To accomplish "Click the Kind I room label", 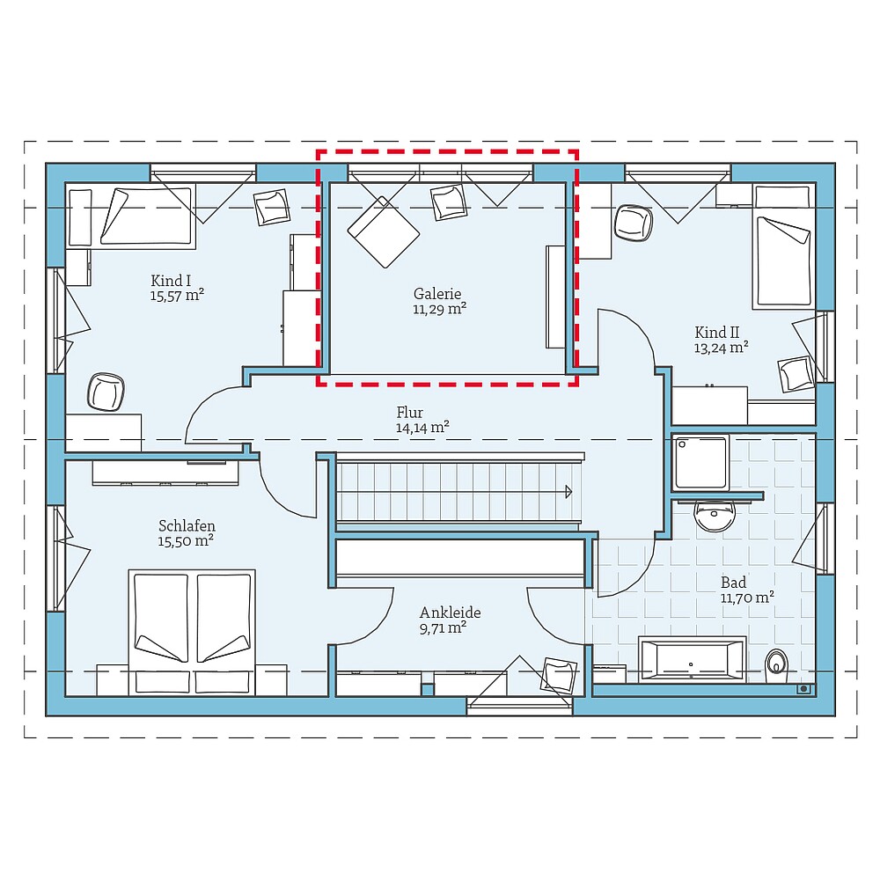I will (x=171, y=281).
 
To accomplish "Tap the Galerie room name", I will (x=437, y=294).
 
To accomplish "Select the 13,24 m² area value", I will (x=721, y=347).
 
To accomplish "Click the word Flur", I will (x=409, y=412).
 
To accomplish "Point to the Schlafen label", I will (x=187, y=525).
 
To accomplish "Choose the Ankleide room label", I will (x=450, y=612).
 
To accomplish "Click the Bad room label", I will (x=733, y=582).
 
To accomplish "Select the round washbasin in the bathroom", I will (x=714, y=515).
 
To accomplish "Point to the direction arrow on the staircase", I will (x=568, y=491).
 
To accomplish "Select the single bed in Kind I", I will (x=145, y=216).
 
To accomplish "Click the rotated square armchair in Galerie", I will (x=384, y=231).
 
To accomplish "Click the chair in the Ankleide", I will (x=558, y=673).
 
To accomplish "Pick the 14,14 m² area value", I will (x=422, y=428).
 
